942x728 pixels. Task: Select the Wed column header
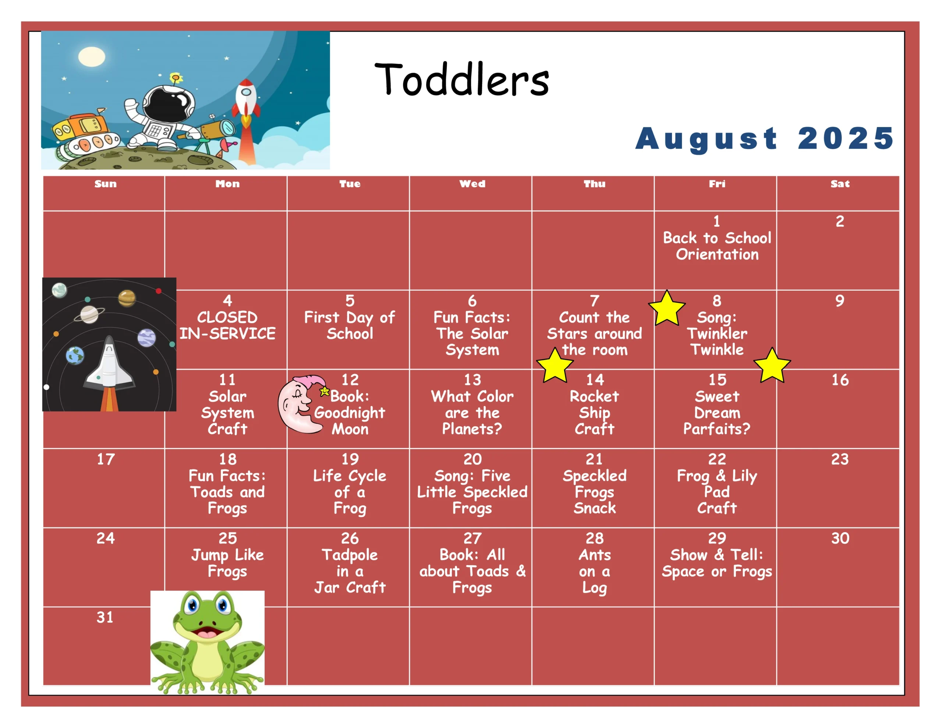[x=472, y=184]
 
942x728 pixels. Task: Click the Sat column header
[x=840, y=184]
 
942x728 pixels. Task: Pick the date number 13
[x=472, y=380]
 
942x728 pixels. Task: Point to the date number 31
[x=105, y=617]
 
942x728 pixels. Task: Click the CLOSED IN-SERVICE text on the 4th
[x=227, y=325]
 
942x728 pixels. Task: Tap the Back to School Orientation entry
[x=717, y=246]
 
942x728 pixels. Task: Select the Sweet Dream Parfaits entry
[x=717, y=413]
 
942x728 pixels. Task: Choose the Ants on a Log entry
[x=594, y=571]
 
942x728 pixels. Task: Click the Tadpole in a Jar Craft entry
[x=350, y=571]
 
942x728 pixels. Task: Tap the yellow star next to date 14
[x=555, y=366]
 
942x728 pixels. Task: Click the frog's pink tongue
[x=208, y=635]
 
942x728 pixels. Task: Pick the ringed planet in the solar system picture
[x=89, y=314]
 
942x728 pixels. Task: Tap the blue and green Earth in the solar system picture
[x=75, y=356]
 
